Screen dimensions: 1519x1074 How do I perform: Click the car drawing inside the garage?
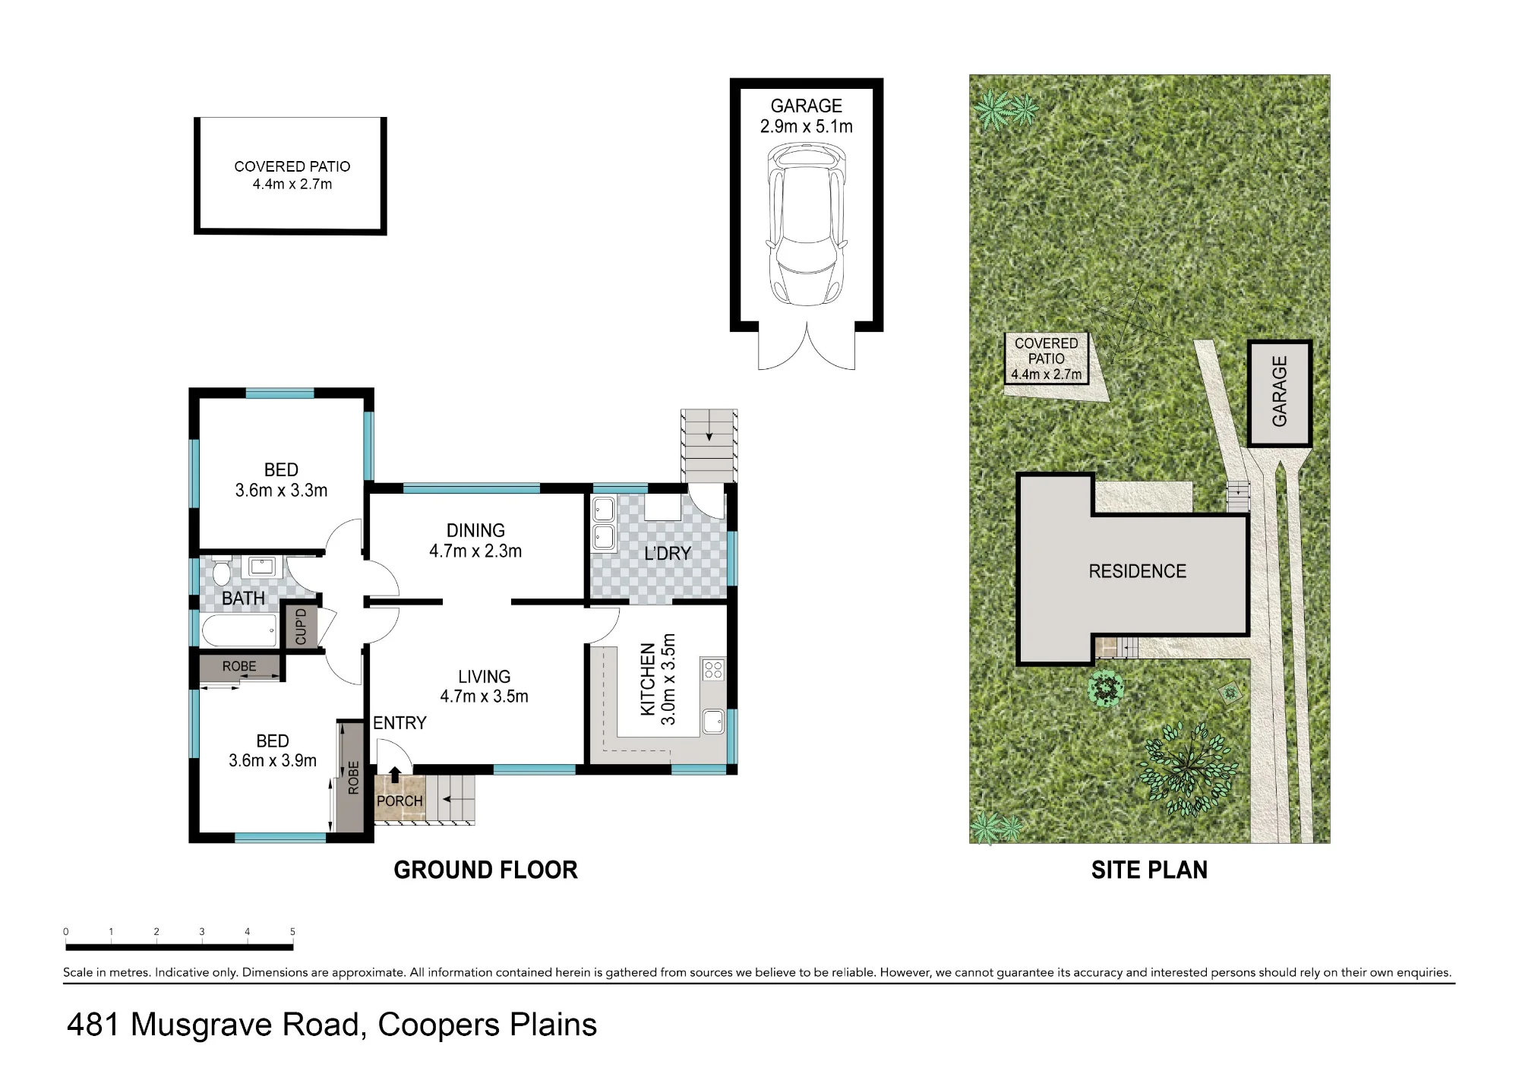(806, 224)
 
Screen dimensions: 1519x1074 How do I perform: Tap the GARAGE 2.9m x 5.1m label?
(807, 116)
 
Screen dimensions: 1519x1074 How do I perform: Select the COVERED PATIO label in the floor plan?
(292, 175)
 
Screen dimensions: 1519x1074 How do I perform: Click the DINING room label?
(475, 541)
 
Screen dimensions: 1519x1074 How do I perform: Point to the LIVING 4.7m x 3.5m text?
(484, 686)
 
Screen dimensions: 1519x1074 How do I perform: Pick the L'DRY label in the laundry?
(668, 554)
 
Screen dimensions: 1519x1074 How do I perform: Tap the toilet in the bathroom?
(221, 570)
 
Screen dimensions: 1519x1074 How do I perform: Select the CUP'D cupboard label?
(301, 627)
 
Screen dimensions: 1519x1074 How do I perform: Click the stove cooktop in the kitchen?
(713, 669)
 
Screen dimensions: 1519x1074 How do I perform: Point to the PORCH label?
(399, 801)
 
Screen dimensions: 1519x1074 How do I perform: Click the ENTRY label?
(399, 723)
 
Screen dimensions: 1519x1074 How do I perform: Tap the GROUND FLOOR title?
(485, 870)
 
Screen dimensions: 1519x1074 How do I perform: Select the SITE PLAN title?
(1149, 870)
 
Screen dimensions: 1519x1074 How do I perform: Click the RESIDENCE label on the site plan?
(1137, 571)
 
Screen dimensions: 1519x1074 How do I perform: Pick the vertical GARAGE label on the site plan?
(1280, 391)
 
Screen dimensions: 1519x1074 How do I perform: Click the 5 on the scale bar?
(292, 932)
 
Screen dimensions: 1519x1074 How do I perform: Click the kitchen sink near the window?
(713, 722)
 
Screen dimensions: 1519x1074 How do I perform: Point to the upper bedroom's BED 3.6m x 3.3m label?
(281, 480)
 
